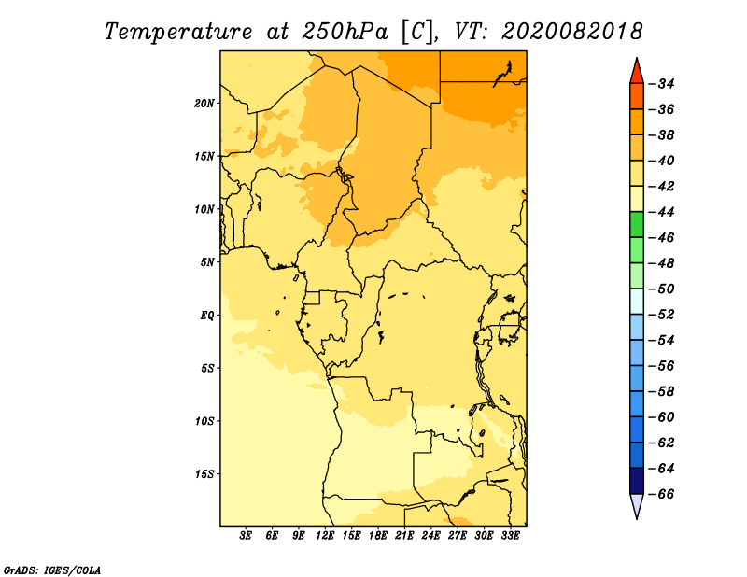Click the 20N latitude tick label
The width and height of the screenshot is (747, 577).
point(204,104)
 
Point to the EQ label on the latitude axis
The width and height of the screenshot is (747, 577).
point(207,316)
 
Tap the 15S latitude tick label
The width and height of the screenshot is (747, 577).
point(204,474)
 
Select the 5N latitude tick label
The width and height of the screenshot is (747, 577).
point(207,262)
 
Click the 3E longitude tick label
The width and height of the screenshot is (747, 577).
point(246,536)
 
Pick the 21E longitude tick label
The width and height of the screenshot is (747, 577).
point(404,536)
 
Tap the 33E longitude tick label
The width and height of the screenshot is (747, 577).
point(510,536)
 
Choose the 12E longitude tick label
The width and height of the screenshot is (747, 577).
point(324,536)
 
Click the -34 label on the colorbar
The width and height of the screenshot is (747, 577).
point(662,84)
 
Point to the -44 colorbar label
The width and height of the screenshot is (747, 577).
point(662,212)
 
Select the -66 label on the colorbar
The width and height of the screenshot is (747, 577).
point(662,494)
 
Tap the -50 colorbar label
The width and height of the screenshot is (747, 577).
point(662,289)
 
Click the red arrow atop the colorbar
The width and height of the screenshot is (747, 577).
point(637,73)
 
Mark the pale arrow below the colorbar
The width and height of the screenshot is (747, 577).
point(637,504)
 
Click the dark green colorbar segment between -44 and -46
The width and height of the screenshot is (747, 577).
point(637,225)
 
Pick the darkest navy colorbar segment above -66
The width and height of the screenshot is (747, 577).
point(637,481)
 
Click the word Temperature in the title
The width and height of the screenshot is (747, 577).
point(178,32)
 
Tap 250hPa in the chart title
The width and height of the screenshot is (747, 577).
point(345,32)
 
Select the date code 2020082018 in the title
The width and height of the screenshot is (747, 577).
point(571,32)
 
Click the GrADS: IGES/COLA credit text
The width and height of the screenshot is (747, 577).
point(52,570)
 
